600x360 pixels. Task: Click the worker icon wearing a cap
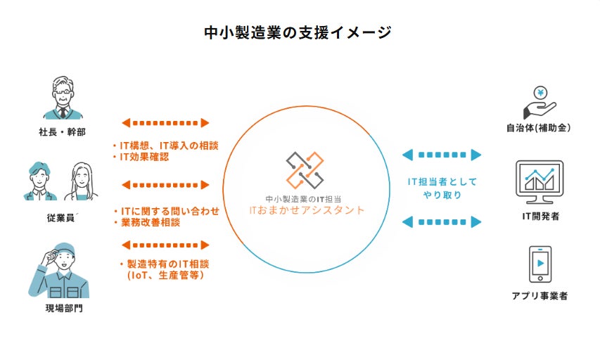(61, 271)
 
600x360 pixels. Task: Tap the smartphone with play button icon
(540, 264)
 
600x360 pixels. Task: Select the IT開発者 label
(540, 217)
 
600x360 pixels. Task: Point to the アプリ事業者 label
(540, 296)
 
